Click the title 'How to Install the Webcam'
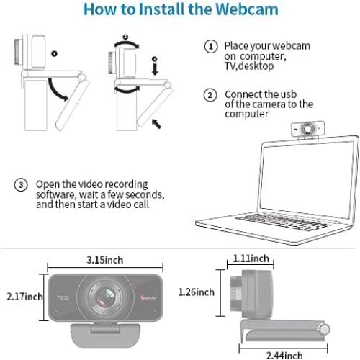click(x=180, y=10)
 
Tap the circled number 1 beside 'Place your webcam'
click(x=210, y=47)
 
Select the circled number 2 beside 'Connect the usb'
click(x=210, y=95)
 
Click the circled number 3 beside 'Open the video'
click(x=22, y=185)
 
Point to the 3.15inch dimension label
click(x=106, y=258)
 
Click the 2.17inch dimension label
click(x=23, y=297)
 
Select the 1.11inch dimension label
click(x=251, y=258)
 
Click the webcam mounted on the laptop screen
click(x=304, y=128)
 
